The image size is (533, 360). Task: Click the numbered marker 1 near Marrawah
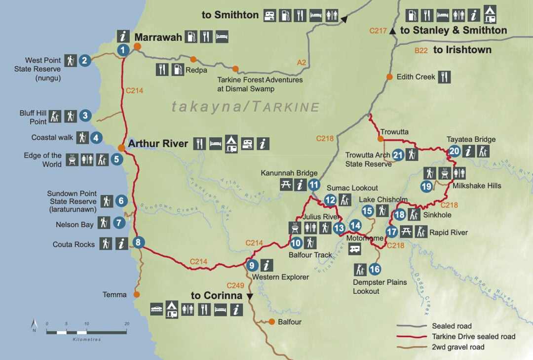coord(123,49)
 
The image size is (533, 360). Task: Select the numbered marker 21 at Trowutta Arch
coord(398,155)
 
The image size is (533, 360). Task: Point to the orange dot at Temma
coord(137,294)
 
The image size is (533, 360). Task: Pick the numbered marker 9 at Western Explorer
coord(252,265)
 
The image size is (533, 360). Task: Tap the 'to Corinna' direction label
coord(217,296)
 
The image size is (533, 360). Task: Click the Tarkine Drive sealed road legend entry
coord(473,336)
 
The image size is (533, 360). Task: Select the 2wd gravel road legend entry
coord(458,347)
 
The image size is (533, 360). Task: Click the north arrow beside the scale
coord(34,325)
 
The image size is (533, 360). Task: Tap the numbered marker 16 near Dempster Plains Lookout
coord(375,269)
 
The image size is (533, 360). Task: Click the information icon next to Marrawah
coord(123,36)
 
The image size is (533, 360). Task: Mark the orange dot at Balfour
coord(271,322)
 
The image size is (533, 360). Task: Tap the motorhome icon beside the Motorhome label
coord(354,249)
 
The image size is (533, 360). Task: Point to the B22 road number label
coord(421,50)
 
